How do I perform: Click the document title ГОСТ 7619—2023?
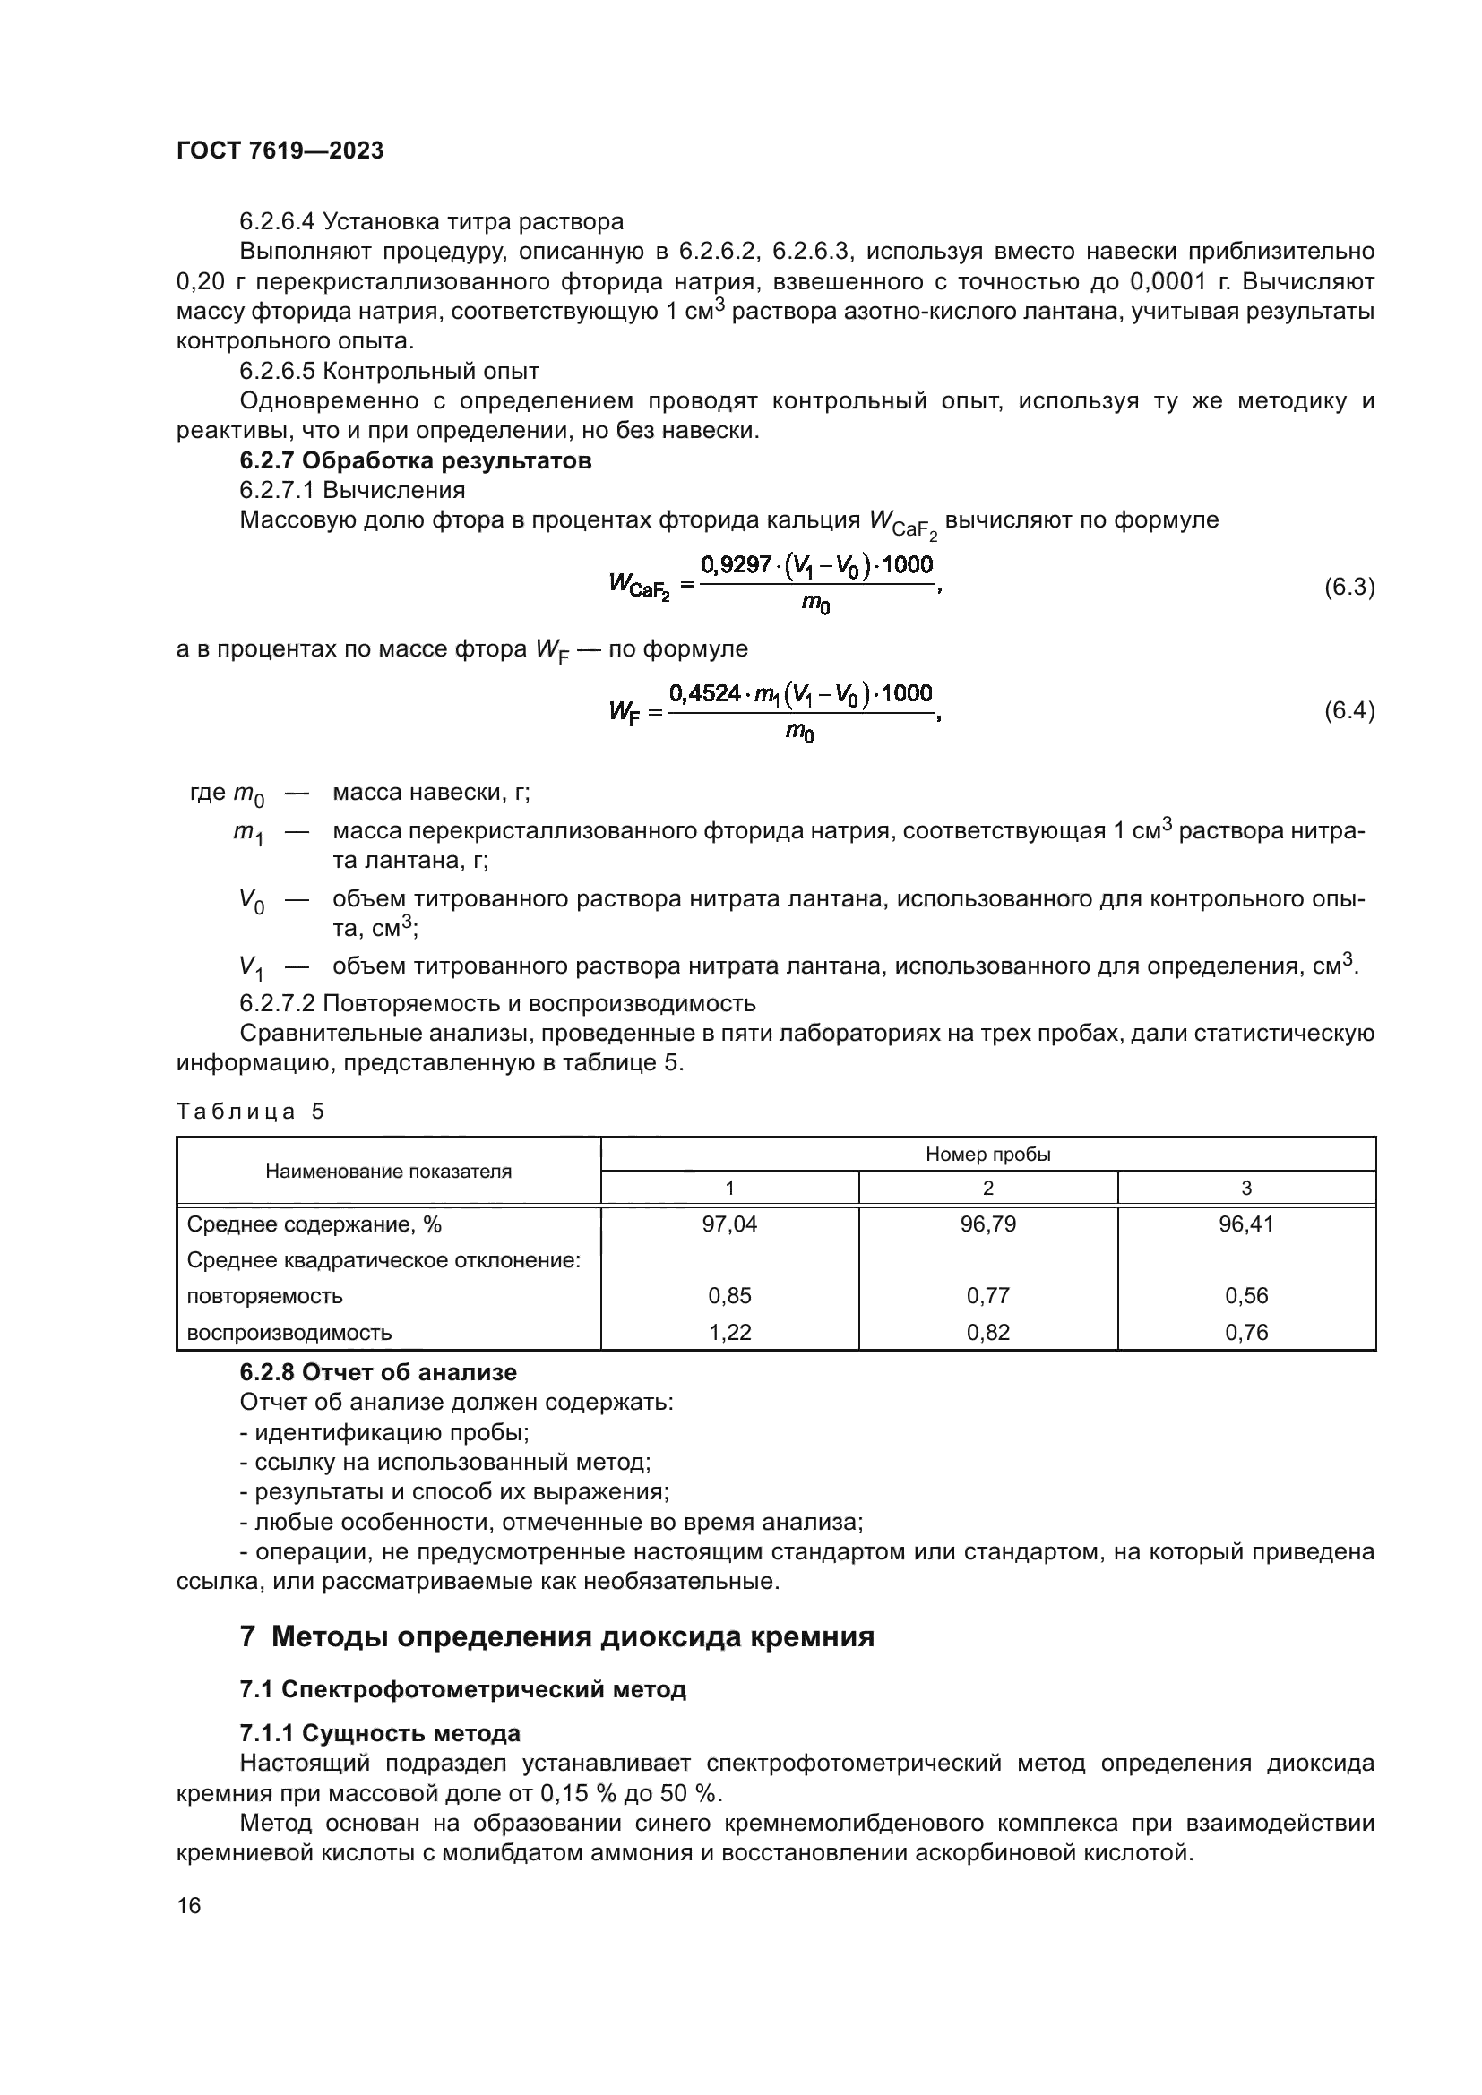pyautogui.click(x=280, y=150)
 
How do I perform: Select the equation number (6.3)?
pyautogui.click(x=1348, y=587)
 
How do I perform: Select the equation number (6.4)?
pyautogui.click(x=1348, y=710)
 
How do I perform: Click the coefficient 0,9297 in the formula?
pyautogui.click(x=736, y=565)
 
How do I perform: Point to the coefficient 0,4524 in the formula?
pyautogui.click(x=703, y=693)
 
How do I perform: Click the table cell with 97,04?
pyautogui.click(x=729, y=1224)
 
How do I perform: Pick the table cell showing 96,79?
pyautogui.click(x=987, y=1224)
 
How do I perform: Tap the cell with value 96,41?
pyautogui.click(x=1245, y=1224)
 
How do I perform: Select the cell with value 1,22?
pyautogui.click(x=729, y=1332)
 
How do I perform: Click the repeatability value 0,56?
pyautogui.click(x=1245, y=1296)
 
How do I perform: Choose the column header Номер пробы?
pyautogui.click(x=987, y=1155)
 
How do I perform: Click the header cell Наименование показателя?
pyautogui.click(x=388, y=1172)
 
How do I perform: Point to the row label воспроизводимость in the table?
pyautogui.click(x=289, y=1332)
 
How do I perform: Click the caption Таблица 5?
pyautogui.click(x=250, y=1112)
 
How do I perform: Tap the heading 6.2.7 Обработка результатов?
pyautogui.click(x=415, y=460)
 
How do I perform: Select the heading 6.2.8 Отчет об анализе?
pyautogui.click(x=378, y=1372)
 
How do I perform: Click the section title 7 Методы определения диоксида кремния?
pyautogui.click(x=556, y=1636)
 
